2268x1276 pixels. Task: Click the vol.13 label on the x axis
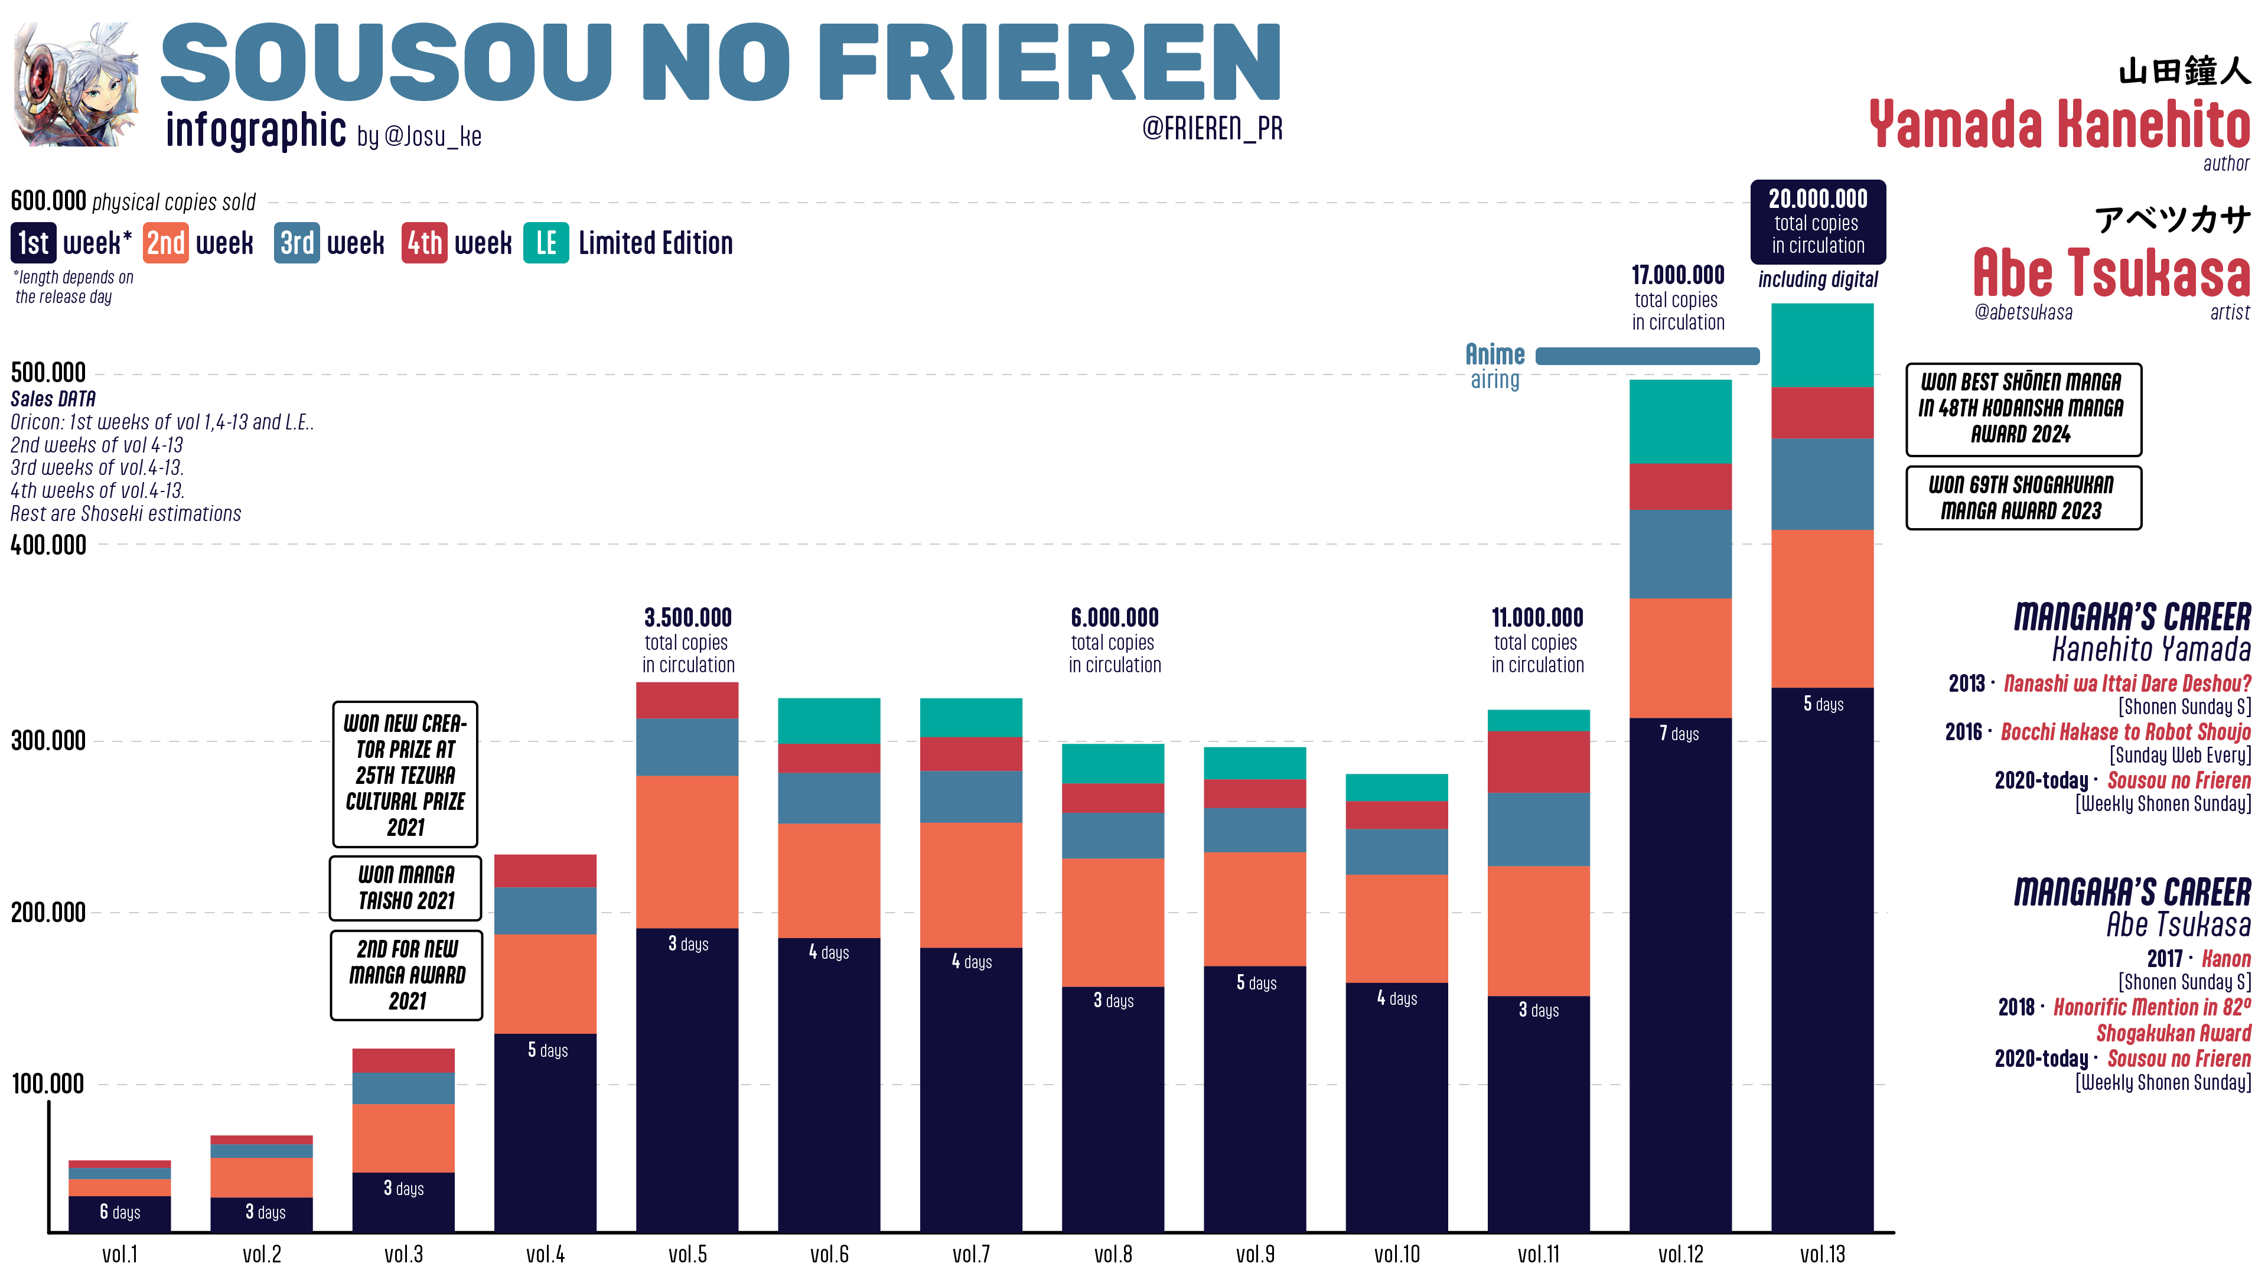(x=1821, y=1254)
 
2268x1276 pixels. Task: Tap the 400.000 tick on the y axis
(x=48, y=545)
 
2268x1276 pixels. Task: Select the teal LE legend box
(x=546, y=243)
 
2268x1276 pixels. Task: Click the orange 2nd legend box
(x=165, y=243)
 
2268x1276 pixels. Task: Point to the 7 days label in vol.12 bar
(x=1679, y=734)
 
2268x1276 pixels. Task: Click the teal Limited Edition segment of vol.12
(x=1680, y=421)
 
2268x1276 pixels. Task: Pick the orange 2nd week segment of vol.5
(x=687, y=851)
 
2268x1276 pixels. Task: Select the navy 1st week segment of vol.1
(x=120, y=1213)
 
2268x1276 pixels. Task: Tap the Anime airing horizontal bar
(x=1647, y=356)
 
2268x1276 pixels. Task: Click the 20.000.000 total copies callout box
(x=1817, y=222)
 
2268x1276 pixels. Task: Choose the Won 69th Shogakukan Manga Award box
(x=2022, y=497)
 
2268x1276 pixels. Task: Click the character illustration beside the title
(x=77, y=86)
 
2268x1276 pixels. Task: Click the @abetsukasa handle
(x=2022, y=313)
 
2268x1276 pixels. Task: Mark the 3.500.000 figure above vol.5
(x=687, y=617)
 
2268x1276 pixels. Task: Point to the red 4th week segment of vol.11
(x=1538, y=761)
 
